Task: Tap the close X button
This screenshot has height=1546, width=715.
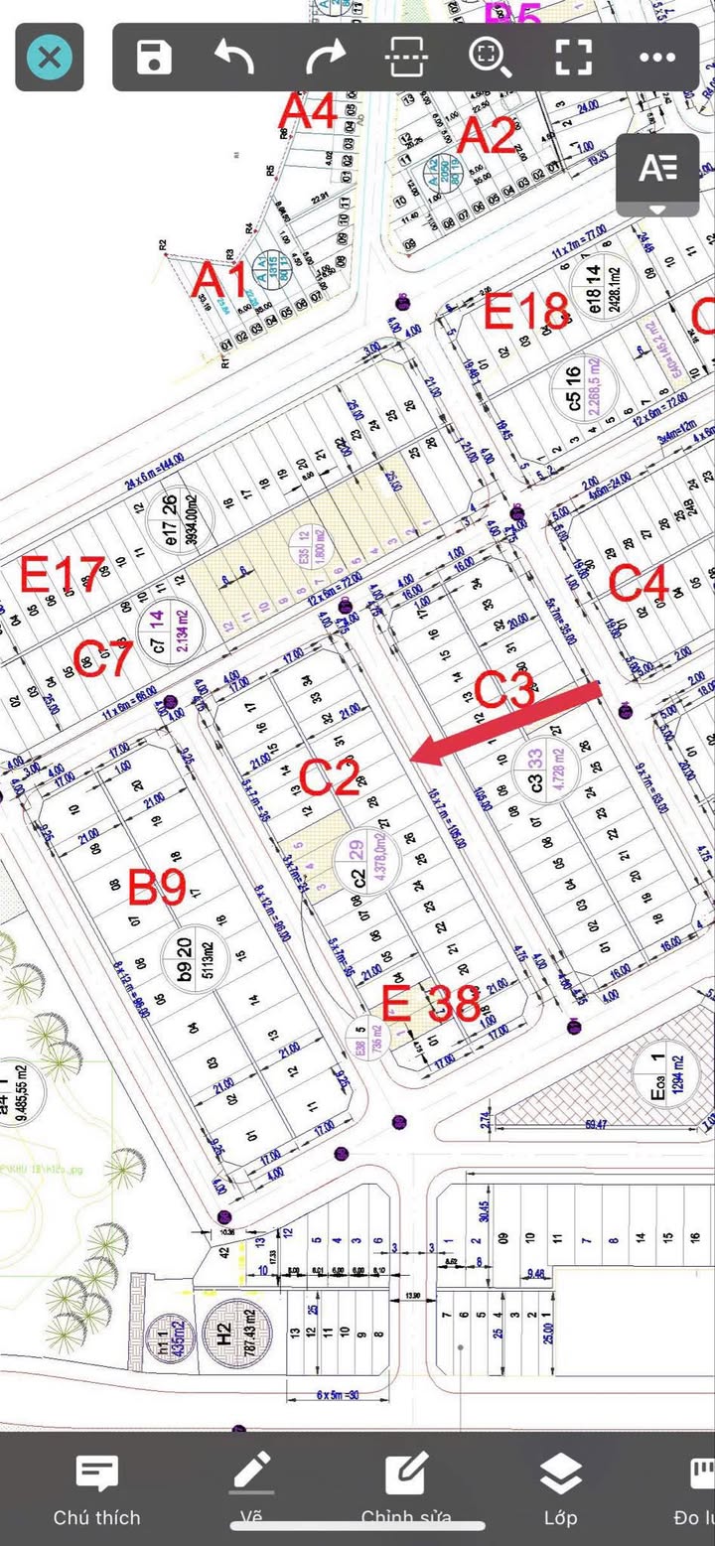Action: [49, 58]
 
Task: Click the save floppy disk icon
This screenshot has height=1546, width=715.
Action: [155, 58]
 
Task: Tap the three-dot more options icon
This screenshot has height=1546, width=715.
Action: [657, 58]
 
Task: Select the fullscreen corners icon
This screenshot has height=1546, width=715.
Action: [574, 58]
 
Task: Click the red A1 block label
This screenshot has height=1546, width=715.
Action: [219, 281]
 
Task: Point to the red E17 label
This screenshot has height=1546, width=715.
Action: [63, 575]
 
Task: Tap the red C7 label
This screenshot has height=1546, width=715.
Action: [102, 658]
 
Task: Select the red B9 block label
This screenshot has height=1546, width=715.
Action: [157, 887]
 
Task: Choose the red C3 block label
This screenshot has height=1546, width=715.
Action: [504, 689]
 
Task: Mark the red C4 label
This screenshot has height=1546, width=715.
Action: [638, 584]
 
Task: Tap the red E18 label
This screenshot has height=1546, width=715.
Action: [526, 312]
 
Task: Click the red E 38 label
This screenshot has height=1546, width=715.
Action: [431, 1005]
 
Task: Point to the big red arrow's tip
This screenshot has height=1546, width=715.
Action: [413, 760]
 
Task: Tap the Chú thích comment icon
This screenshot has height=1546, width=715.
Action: [97, 1476]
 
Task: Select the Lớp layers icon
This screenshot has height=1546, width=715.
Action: [561, 1476]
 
